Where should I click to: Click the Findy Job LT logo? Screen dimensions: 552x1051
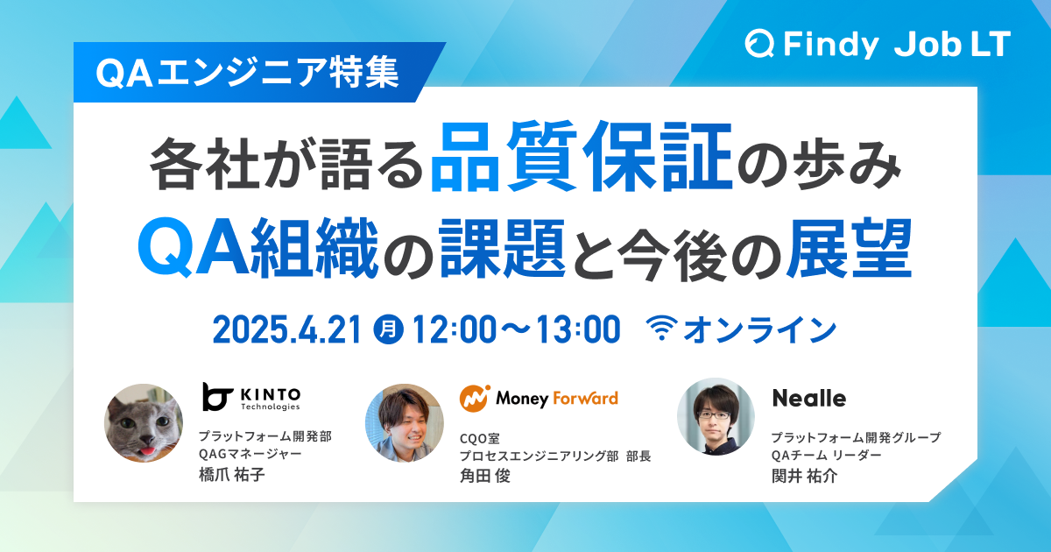point(878,44)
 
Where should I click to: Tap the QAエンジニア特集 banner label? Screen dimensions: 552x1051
point(248,74)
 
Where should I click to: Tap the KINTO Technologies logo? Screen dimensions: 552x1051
point(251,397)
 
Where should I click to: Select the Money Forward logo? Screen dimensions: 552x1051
point(539,398)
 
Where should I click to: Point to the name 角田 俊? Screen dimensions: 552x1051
point(484,475)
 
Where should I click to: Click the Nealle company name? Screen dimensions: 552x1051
point(808,399)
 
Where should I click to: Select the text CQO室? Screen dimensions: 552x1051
point(480,436)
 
